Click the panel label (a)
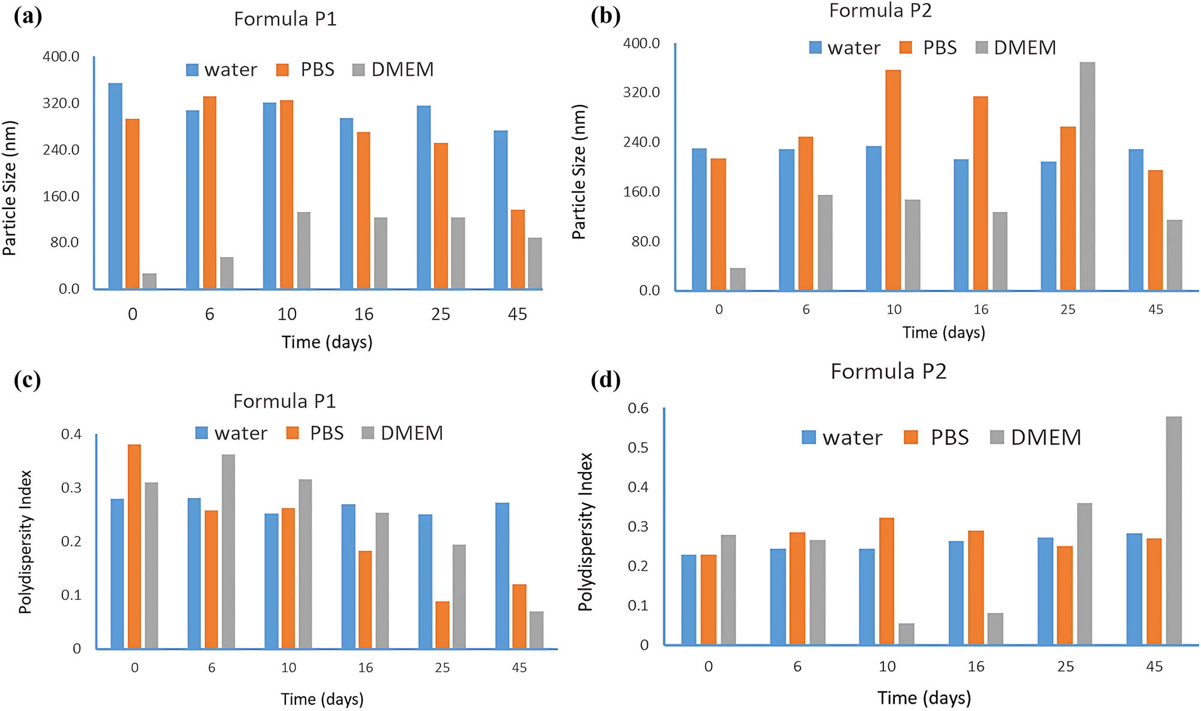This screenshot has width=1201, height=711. point(28,16)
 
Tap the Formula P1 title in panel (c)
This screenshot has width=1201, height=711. point(284,401)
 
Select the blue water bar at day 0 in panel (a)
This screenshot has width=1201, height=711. point(115,186)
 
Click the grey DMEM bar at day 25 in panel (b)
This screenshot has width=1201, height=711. point(1087,177)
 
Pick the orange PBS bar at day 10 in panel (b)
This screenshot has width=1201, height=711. point(893,180)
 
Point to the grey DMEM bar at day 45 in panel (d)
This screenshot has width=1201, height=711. point(1173,531)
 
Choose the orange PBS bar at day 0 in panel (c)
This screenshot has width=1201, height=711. point(135,546)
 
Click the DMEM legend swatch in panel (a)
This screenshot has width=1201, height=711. point(358,70)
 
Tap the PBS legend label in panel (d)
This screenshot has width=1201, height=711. point(949,437)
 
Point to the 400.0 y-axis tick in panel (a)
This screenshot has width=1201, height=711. point(61,56)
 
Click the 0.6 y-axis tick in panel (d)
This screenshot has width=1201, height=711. point(638,408)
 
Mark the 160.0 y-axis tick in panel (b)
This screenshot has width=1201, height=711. point(641,192)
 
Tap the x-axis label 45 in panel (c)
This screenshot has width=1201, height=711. point(519,667)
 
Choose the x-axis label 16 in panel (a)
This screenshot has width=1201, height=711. point(363,314)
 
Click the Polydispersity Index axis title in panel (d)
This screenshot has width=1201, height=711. point(585,532)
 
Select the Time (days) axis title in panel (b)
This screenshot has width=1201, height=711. point(943,332)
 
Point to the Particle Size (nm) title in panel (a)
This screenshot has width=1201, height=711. point(10,189)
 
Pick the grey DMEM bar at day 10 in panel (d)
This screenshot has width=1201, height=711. point(906,634)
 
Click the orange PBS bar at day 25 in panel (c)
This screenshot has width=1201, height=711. point(443,625)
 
